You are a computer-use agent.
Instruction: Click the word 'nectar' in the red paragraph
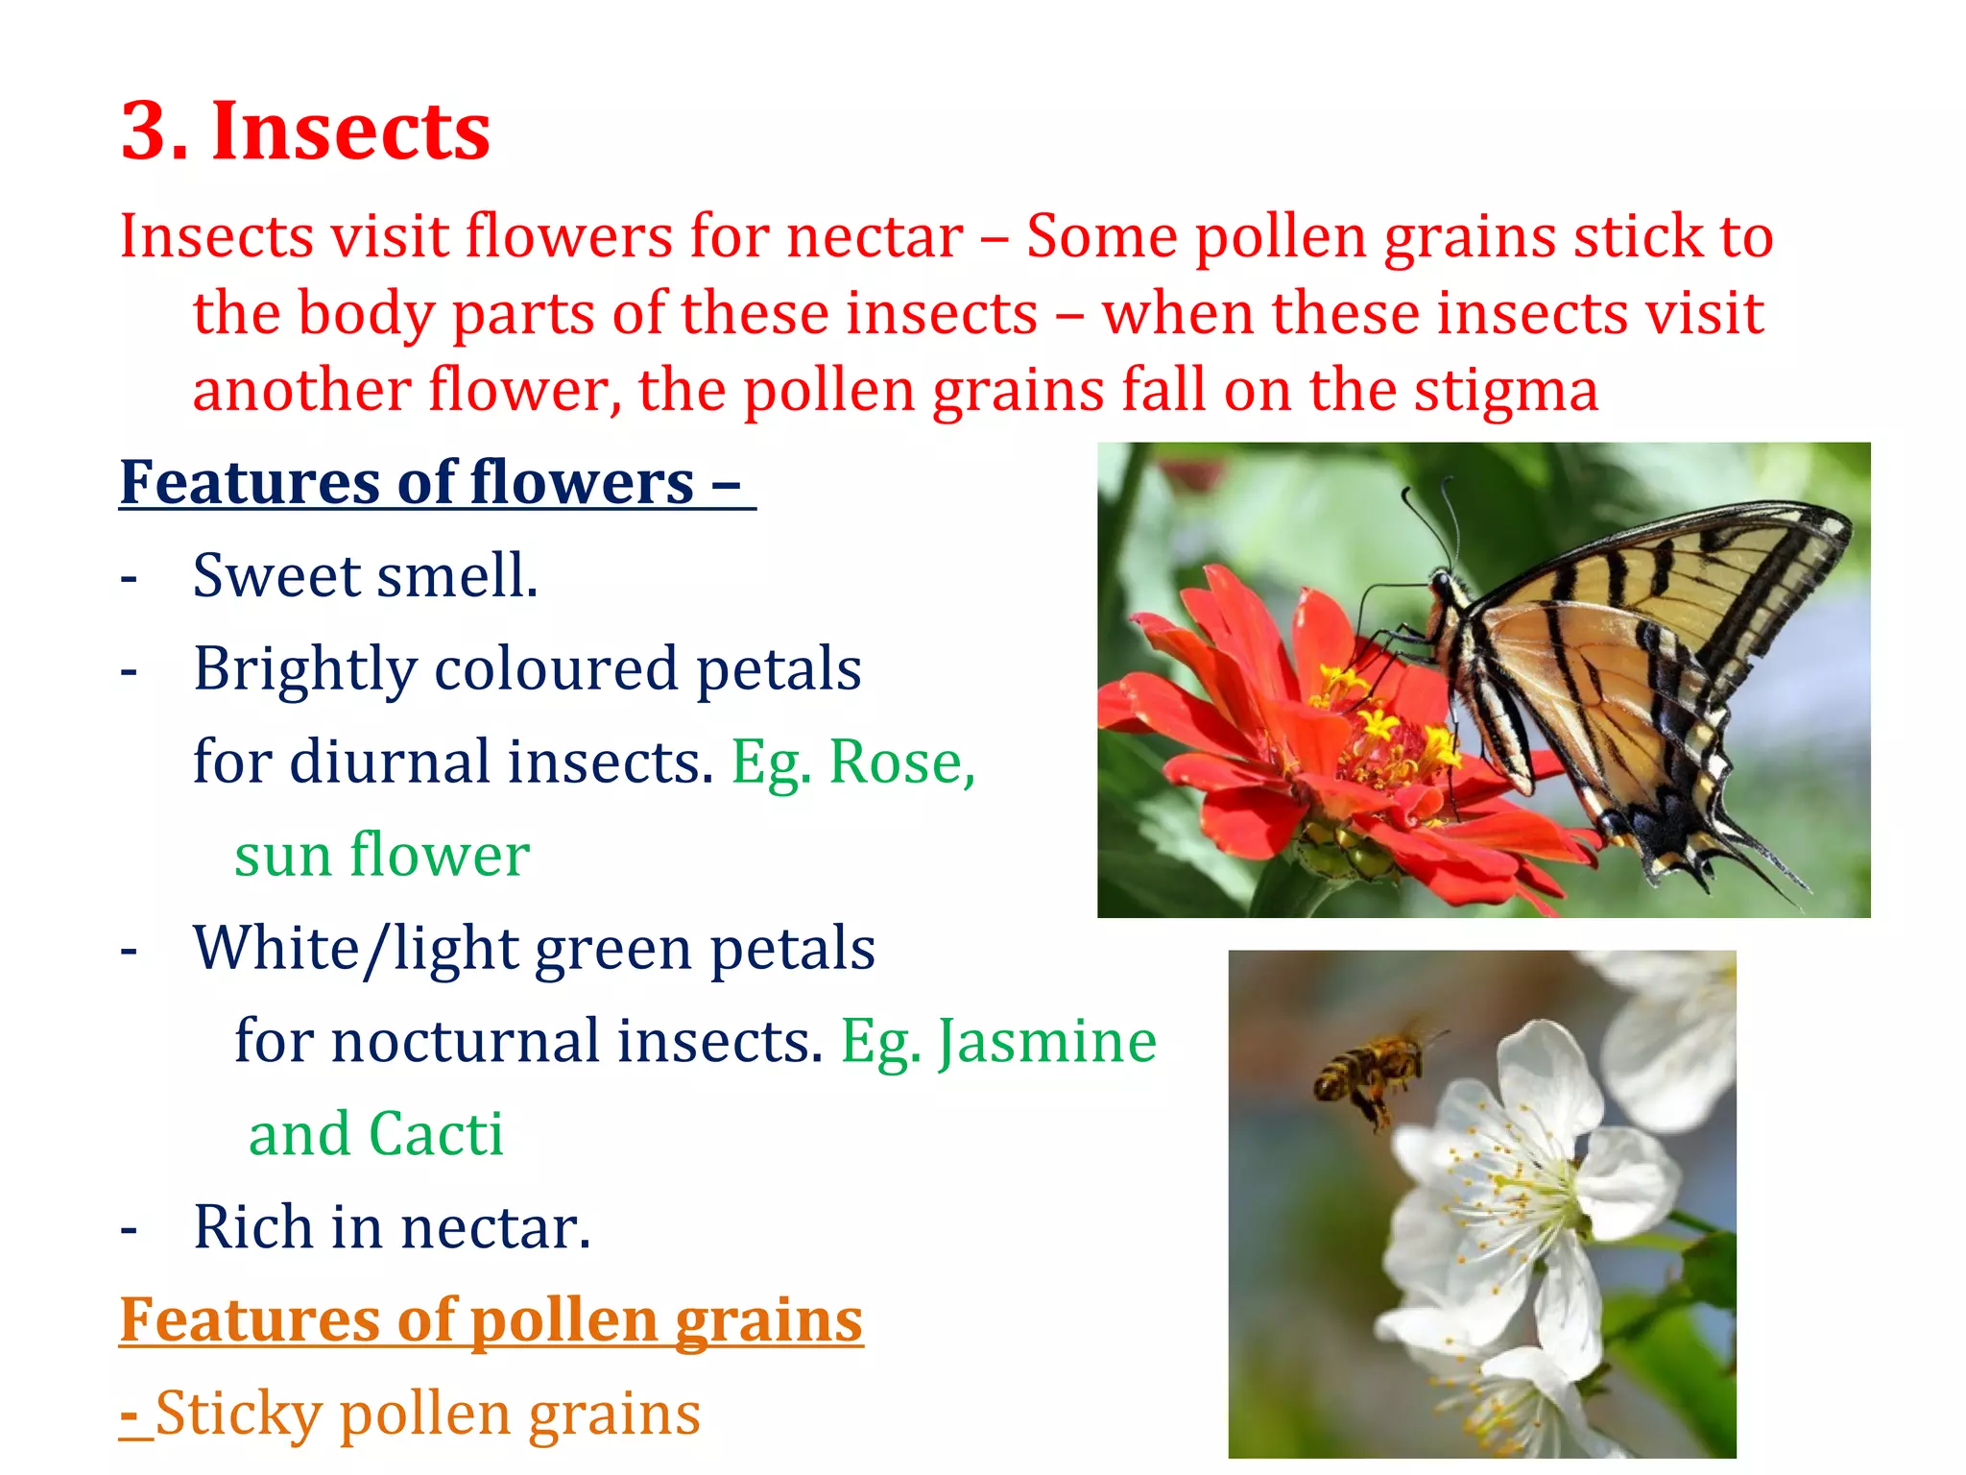875,236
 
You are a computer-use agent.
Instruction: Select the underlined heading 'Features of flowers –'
437,482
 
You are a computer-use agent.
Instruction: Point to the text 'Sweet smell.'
365,576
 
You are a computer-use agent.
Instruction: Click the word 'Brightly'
305,669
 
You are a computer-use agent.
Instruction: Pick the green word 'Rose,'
902,762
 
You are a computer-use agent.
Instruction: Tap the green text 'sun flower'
382,855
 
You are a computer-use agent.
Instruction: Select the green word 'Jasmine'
1047,1041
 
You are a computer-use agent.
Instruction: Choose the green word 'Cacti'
436,1134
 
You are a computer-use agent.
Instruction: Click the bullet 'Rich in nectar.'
392,1227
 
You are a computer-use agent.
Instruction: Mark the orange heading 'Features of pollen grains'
491,1320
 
